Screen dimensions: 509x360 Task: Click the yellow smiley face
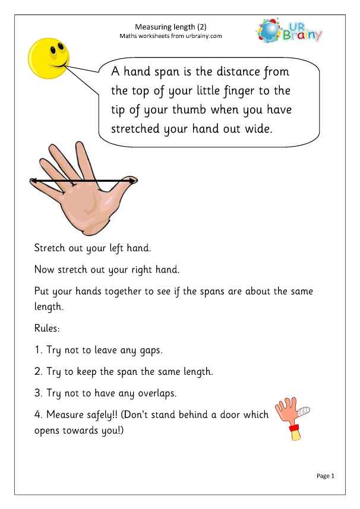(48, 58)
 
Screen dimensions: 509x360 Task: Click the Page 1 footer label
(326, 476)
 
